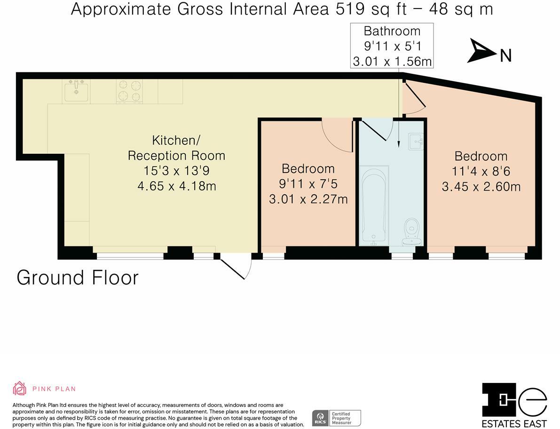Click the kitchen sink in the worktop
click(76, 91)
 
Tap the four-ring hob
click(129, 91)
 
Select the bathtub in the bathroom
click(374, 206)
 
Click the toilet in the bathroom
click(412, 231)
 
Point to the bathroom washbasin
click(416, 142)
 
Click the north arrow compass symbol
click(481, 50)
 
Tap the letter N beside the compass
click(506, 56)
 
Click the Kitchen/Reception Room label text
click(176, 148)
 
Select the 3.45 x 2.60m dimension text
click(481, 186)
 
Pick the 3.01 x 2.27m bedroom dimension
click(308, 199)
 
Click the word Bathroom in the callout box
click(392, 31)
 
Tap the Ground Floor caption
click(78, 278)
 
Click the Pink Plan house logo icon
click(20, 388)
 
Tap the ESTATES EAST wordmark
click(514, 424)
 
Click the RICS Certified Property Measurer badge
click(337, 418)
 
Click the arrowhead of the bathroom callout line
click(399, 144)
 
